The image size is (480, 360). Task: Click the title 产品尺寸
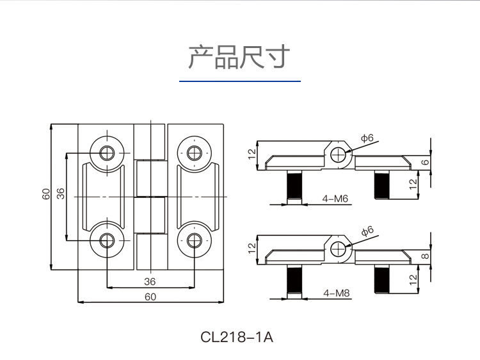pyautogui.click(x=239, y=57)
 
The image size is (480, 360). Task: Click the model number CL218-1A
pyautogui.click(x=237, y=336)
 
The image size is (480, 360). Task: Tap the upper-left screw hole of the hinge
pyautogui.click(x=106, y=152)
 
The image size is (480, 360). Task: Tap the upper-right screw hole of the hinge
pyautogui.click(x=195, y=152)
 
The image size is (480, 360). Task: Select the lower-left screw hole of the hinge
pyautogui.click(x=106, y=240)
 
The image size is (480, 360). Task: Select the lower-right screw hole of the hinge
pyautogui.click(x=195, y=240)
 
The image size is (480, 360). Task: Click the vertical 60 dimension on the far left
pyautogui.click(x=45, y=194)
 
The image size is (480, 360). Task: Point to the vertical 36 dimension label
pyautogui.click(x=61, y=194)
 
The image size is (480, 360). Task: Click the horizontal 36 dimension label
pyautogui.click(x=150, y=281)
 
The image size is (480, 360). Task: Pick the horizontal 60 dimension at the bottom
pyautogui.click(x=150, y=296)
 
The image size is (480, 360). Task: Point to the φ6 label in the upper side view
pyautogui.click(x=367, y=138)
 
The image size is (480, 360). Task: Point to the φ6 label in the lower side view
pyautogui.click(x=367, y=231)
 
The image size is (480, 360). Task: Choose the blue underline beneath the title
pyautogui.click(x=239, y=82)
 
